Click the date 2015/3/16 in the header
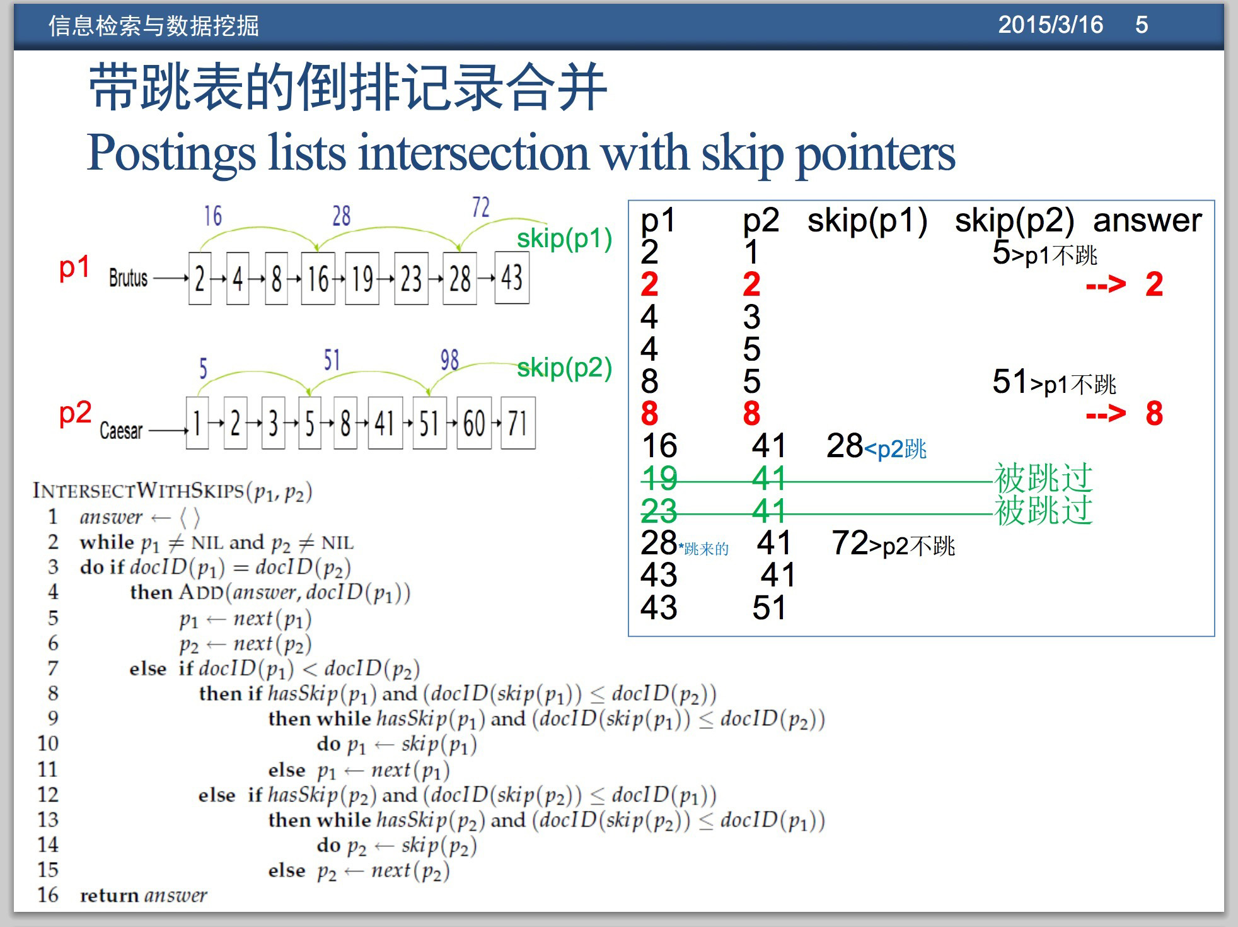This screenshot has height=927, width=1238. coord(1050,25)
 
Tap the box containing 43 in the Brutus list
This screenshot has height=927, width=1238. coord(512,277)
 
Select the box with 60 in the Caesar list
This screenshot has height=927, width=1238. coord(474,423)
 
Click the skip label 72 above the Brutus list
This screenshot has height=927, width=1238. coord(480,207)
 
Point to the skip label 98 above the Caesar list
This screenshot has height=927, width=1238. coord(449,360)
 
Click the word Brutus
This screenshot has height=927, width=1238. coord(128,277)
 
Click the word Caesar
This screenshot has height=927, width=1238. coord(121,431)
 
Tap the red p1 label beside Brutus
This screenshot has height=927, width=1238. coord(74,267)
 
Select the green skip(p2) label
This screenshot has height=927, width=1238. coord(564,367)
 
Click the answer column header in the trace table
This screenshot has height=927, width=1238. coord(1147,220)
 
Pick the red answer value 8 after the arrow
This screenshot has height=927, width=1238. coord(1154,414)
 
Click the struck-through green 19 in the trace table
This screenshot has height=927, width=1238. coord(659,478)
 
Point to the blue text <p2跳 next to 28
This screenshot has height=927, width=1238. coord(895,449)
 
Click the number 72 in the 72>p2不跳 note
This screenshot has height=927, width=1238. coord(850,542)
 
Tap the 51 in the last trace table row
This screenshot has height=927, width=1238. coord(769,607)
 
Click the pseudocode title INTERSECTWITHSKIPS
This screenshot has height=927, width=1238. coord(139,490)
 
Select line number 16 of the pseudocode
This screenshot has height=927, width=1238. coord(48,895)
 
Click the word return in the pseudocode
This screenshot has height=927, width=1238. coord(109,895)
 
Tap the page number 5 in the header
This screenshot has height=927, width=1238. coord(1142,25)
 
